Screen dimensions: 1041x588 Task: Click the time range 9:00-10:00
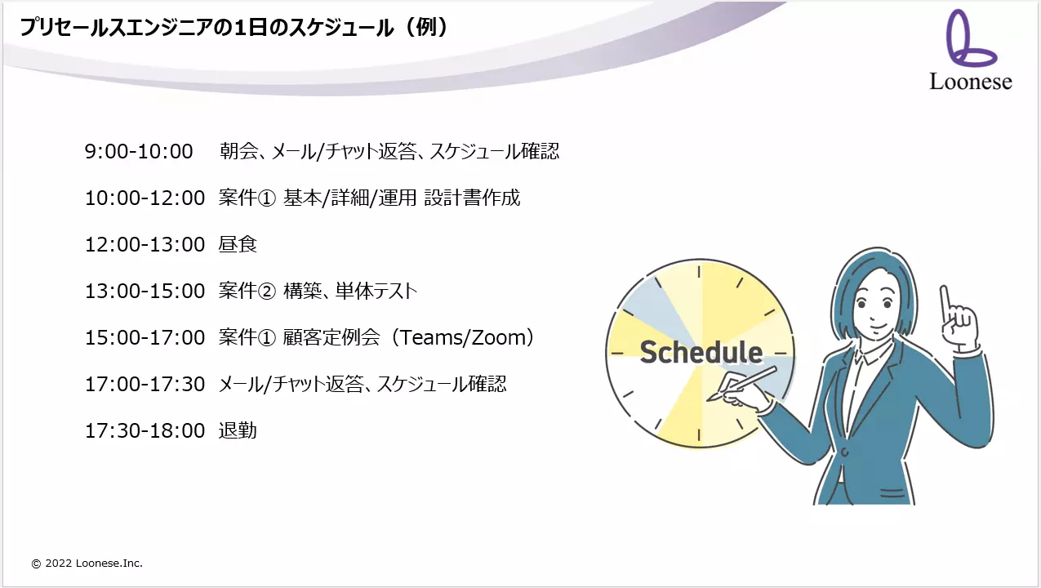pos(139,152)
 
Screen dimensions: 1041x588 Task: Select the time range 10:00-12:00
pos(145,198)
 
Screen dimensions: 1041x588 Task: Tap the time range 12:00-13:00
pos(145,244)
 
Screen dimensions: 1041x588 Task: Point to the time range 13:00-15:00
pos(145,291)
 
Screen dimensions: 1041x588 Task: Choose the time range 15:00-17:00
pos(145,337)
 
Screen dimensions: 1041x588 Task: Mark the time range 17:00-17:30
pos(145,384)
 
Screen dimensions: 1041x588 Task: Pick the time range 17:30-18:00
pos(145,430)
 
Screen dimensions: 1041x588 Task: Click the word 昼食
pos(238,244)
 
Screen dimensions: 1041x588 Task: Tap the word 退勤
pos(238,430)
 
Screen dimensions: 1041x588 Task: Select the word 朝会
pos(239,151)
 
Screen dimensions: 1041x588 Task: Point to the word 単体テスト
pos(376,291)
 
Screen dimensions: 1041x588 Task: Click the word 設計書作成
pos(472,198)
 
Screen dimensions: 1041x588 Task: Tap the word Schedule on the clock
pos(701,352)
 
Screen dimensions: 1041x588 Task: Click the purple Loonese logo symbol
pos(971,38)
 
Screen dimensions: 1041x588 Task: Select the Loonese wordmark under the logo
pos(971,82)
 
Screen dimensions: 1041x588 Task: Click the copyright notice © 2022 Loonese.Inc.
pos(87,563)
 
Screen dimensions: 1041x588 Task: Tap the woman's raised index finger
pos(945,302)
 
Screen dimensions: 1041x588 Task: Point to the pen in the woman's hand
pos(741,384)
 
